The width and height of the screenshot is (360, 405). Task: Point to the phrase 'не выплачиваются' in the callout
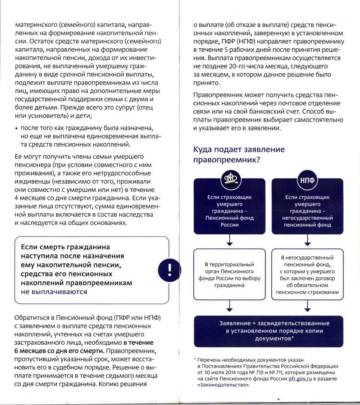tap(54, 292)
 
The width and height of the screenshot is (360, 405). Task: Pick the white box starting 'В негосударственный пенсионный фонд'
tap(307, 275)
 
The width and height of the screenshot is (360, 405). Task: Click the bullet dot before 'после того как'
tap(16, 129)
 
